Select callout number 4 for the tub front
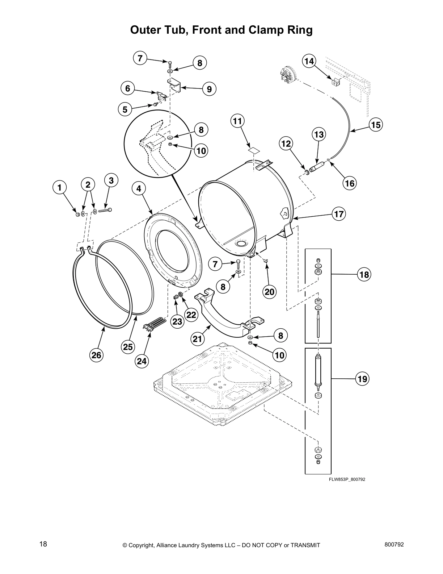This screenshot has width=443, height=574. click(139, 188)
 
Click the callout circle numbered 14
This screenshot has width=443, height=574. click(309, 61)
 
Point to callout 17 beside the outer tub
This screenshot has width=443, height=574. click(338, 214)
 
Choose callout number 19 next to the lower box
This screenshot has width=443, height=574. click(362, 379)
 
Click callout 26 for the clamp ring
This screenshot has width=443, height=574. click(96, 355)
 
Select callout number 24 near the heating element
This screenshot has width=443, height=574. click(142, 361)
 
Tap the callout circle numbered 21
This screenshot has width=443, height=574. click(197, 339)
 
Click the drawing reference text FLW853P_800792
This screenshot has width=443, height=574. click(347, 479)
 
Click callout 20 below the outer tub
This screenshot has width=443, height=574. click(270, 292)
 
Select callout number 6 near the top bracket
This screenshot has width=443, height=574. click(127, 88)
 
